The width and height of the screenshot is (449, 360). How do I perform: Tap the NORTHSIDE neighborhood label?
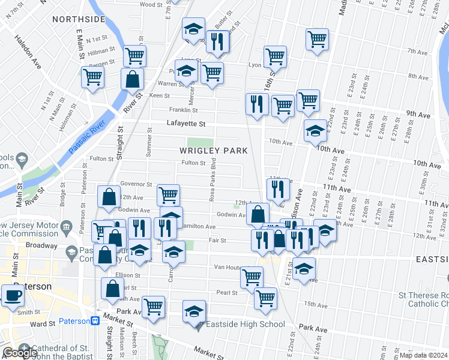[x=79, y=19]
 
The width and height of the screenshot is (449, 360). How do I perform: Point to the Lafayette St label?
[x=186, y=124]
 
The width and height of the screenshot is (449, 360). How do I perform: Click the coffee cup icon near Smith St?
[x=13, y=295]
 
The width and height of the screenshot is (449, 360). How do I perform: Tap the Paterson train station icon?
[x=95, y=321]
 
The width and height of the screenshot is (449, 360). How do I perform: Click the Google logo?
[x=20, y=353]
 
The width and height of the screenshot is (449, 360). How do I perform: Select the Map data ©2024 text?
[x=423, y=355]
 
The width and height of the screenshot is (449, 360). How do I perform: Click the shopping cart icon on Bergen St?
[x=135, y=56]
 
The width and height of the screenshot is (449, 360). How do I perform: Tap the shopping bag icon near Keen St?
[x=131, y=79]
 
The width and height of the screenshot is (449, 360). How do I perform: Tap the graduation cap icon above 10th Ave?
[x=315, y=130]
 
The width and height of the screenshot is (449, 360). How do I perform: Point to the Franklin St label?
[x=183, y=110]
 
